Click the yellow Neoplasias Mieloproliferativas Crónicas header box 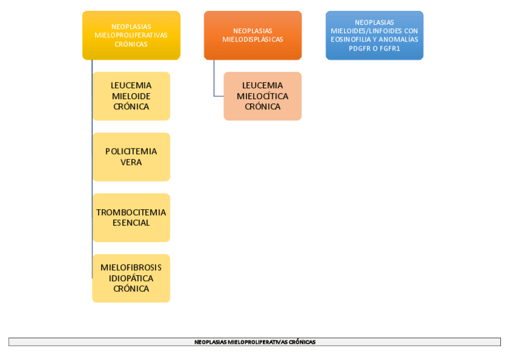(x=131, y=35)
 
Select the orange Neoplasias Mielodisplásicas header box (x=253, y=35)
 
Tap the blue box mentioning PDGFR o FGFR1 (x=374, y=35)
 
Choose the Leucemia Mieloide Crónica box (x=131, y=96)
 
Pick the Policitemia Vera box (x=131, y=157)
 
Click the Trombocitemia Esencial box (x=131, y=218)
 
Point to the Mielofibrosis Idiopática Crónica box (x=131, y=278)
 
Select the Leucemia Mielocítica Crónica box (x=262, y=96)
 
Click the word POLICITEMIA (x=131, y=151)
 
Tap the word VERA (x=131, y=162)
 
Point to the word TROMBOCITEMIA (x=131, y=212)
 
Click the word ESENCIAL (x=131, y=223)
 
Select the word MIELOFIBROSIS (x=131, y=267)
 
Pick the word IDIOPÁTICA (x=131, y=278)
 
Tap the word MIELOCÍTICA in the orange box (x=262, y=96)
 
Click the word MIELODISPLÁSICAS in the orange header (x=253, y=40)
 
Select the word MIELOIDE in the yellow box (x=131, y=96)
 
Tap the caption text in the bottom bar (x=254, y=342)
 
